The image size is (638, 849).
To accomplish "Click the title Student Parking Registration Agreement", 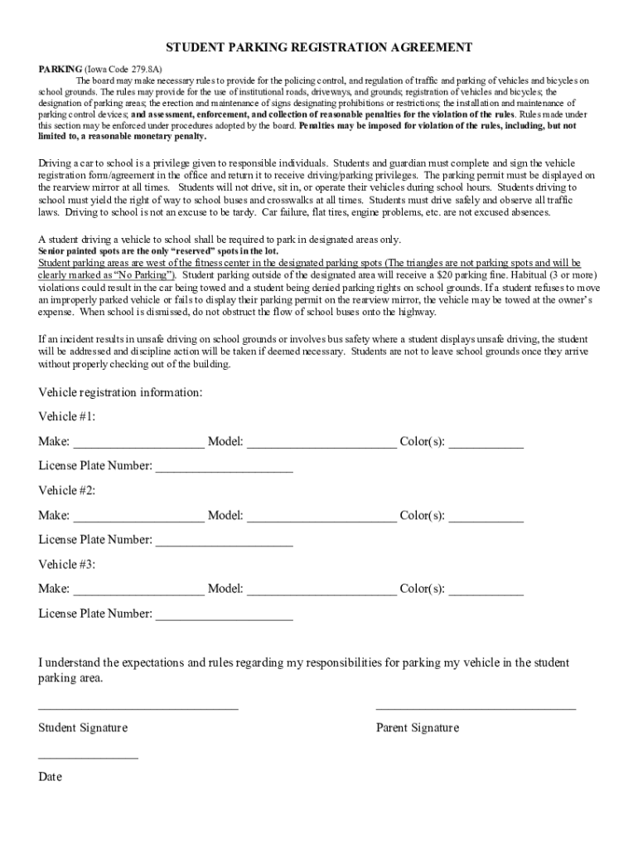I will click(319, 48).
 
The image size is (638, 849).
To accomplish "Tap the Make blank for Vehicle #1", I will click(138, 443).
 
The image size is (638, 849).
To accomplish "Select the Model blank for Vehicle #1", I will click(321, 443).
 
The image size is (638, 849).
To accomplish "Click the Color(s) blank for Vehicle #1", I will click(486, 443).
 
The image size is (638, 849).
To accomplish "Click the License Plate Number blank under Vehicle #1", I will click(225, 467).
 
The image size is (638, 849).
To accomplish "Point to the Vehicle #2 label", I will click(67, 490).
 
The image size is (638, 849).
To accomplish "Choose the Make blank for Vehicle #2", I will click(138, 517).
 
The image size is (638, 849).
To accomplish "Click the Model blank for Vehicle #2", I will click(321, 517).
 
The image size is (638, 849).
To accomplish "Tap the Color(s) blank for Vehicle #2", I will click(486, 517).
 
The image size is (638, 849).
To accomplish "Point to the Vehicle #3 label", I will click(67, 565).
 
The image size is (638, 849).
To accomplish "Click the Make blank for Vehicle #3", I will click(138, 590).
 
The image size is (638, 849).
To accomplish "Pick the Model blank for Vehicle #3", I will click(321, 590).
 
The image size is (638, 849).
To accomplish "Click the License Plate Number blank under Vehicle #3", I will click(225, 615).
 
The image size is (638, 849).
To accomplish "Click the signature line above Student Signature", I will click(138, 707).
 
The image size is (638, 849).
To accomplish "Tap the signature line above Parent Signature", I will click(476, 707).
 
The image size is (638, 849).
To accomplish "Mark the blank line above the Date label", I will click(88, 757).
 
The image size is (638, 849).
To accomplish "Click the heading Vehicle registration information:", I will click(121, 392).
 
